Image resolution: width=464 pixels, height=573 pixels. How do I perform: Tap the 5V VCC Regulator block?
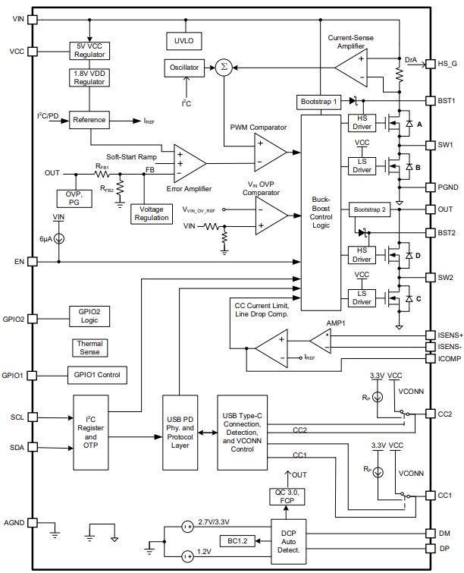[90, 50]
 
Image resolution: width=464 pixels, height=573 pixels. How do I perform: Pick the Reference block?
[90, 120]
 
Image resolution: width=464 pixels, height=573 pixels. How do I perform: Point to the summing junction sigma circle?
[223, 68]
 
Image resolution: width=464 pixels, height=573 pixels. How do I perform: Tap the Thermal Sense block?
[90, 348]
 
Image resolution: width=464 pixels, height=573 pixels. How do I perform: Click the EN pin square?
[32, 262]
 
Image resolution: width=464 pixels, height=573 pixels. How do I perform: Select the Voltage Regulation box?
[150, 213]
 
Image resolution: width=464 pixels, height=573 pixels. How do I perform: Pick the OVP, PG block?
[74, 197]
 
